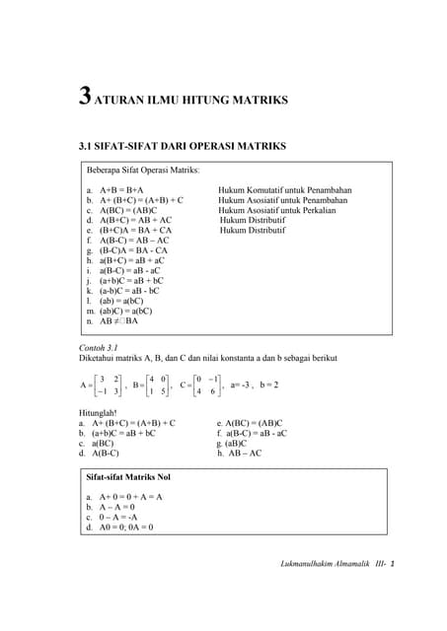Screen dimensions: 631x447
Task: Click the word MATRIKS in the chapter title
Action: point(259,100)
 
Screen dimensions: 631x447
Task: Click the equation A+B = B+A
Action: point(121,188)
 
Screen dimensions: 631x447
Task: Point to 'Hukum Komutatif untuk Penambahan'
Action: point(285,188)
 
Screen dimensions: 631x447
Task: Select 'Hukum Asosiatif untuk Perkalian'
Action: point(277,210)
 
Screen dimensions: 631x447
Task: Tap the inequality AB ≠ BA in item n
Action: point(119,321)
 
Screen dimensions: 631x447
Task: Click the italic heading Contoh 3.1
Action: point(98,348)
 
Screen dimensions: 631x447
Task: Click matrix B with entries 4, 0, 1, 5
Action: point(156,385)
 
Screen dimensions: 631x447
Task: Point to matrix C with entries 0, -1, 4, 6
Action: point(206,385)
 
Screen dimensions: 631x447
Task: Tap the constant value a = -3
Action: point(241,385)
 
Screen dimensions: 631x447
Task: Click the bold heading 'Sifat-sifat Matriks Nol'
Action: point(128,477)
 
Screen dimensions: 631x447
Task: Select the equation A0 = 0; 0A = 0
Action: point(126,526)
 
